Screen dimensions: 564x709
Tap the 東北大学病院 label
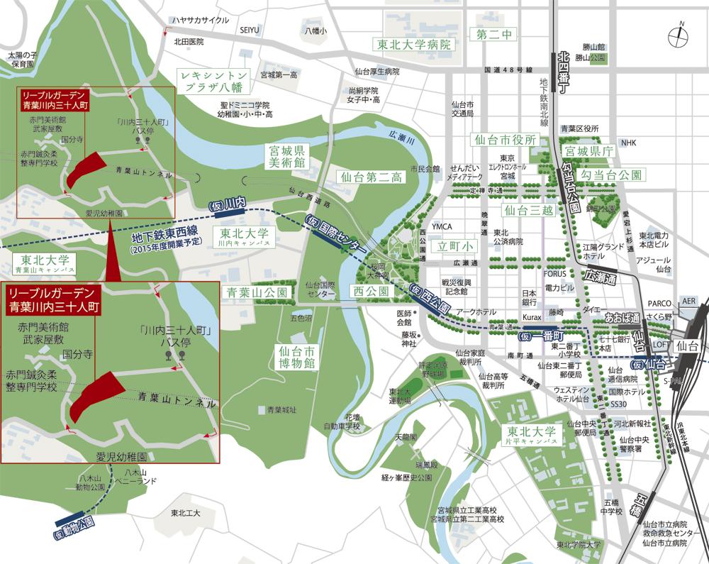[x=413, y=45]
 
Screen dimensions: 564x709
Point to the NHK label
[x=628, y=143]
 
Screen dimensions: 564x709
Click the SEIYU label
[x=250, y=29]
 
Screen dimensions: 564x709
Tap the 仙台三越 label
[x=526, y=210]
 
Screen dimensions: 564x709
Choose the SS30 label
[x=618, y=404]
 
